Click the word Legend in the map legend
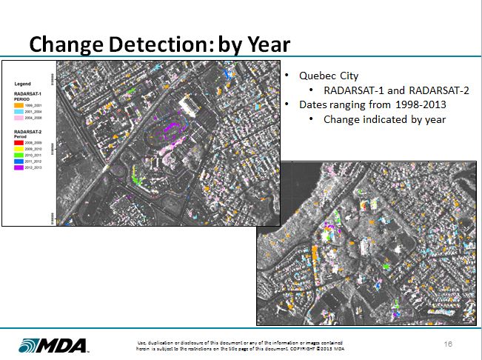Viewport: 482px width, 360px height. (22, 84)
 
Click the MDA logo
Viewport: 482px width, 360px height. (53, 345)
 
